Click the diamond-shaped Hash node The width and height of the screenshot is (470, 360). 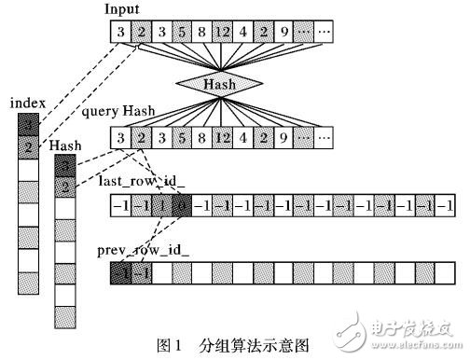221,84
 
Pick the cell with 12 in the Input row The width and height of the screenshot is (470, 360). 221,35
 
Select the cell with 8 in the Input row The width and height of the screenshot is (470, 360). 200,35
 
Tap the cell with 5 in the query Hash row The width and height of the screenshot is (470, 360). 180,139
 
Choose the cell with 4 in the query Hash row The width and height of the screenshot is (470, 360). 242,139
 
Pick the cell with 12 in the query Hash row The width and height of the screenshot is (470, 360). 221,139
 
